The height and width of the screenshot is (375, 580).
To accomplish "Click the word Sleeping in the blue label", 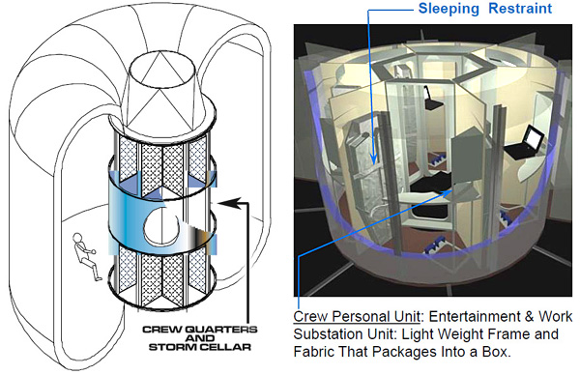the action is point(449,9).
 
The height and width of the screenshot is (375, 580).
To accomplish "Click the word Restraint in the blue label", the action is point(520,8).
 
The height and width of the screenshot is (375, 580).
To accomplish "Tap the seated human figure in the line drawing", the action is point(87,256).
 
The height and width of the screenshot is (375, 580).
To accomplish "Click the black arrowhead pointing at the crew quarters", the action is point(227,203).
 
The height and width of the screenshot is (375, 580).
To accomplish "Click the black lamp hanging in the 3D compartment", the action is point(433,100).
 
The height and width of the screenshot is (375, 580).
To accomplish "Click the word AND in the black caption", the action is point(200,338).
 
